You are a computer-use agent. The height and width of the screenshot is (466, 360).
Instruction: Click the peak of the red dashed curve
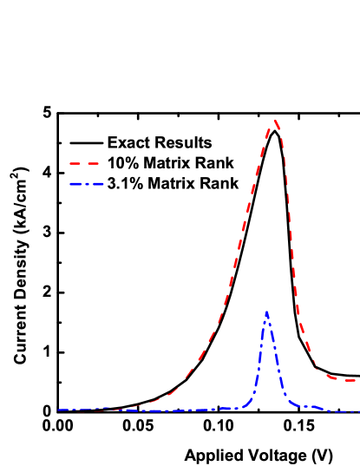pos(275,121)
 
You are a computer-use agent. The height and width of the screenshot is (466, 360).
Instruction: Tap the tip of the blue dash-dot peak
pos(266,312)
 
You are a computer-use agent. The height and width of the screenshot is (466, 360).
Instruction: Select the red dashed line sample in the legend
pos(84,163)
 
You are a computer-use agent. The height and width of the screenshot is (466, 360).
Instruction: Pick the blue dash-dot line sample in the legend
pos(87,184)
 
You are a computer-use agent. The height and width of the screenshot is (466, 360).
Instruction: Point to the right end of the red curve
pos(357,380)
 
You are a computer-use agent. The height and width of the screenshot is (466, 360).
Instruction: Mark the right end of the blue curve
pos(357,411)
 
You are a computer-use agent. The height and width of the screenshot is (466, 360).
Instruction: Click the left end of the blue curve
pos(59,410)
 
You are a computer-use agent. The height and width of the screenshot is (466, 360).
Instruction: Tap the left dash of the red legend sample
pos(75,163)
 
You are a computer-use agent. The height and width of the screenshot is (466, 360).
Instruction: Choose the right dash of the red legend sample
pos(93,163)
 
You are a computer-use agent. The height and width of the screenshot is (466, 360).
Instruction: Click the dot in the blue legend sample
pos(88,184)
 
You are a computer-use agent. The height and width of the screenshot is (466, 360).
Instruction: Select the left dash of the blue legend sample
pos(76,184)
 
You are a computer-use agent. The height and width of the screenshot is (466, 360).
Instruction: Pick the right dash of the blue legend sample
pos(98,184)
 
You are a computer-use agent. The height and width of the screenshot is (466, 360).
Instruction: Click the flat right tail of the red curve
pos(347,380)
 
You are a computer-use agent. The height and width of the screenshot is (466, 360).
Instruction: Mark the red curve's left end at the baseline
pos(87,410)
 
